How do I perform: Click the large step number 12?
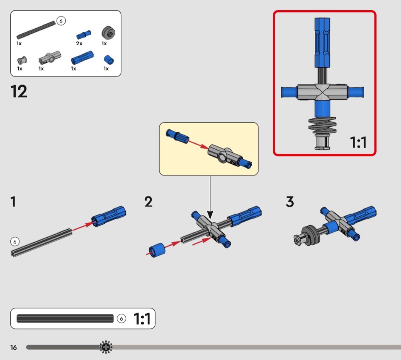click(x=19, y=91)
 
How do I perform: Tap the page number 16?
click(x=13, y=347)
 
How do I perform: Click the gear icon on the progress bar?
click(x=106, y=347)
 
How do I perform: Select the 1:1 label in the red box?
click(x=358, y=142)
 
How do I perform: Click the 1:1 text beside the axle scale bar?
click(x=142, y=319)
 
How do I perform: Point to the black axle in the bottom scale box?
click(x=65, y=318)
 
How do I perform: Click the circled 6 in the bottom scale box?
click(x=121, y=319)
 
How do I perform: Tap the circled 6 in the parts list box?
click(x=61, y=21)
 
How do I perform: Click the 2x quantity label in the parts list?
click(x=79, y=43)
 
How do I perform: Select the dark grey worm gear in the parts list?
click(x=108, y=32)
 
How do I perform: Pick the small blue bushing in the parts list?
click(x=109, y=60)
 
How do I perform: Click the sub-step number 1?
click(x=13, y=201)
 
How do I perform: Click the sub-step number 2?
click(x=148, y=201)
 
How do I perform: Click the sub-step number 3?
click(x=290, y=201)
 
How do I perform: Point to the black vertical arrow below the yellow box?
click(x=210, y=198)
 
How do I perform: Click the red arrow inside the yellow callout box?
click(x=199, y=144)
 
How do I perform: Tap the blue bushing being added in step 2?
click(x=157, y=250)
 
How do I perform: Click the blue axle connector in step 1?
click(x=109, y=216)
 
